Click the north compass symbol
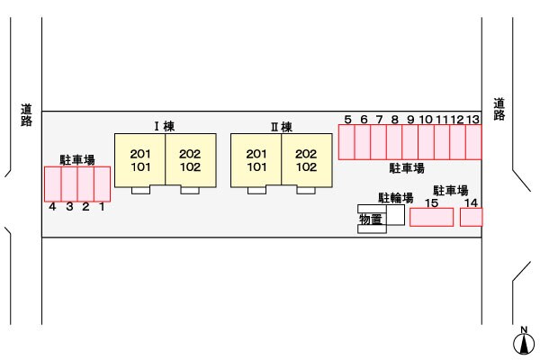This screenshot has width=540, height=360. pos(522,342)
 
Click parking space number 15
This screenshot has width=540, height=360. pos(431,217)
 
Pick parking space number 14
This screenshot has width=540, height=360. pos(471,217)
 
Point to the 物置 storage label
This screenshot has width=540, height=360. pos(370,218)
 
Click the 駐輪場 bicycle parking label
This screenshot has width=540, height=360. pos(395,197)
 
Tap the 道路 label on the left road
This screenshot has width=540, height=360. pos(26,114)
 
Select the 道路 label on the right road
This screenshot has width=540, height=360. pos(499,109)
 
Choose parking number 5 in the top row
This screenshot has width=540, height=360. pos(348,119)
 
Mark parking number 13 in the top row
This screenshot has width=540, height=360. pos(472,119)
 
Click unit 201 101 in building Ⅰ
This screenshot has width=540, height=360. pos(140,159)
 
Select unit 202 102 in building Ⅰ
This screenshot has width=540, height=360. pos(189,159)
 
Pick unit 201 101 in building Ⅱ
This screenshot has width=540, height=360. pos(257,159)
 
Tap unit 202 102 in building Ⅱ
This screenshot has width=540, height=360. pos(306,159)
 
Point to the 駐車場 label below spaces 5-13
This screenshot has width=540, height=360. pos(407,168)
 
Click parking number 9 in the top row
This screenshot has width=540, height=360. pos(410,119)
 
